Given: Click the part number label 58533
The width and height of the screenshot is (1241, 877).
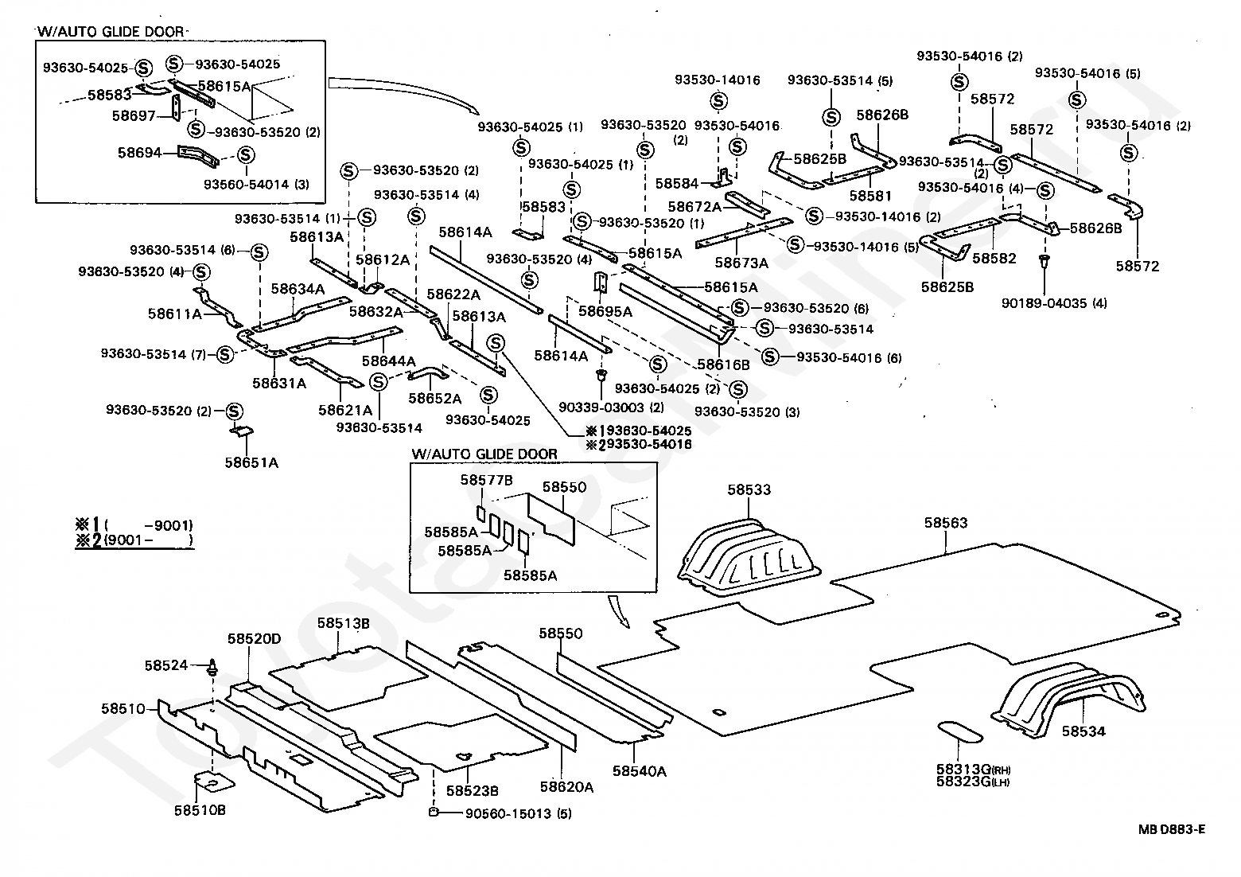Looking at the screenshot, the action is [749, 489].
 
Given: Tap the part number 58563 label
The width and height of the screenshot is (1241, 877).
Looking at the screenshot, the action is [946, 523].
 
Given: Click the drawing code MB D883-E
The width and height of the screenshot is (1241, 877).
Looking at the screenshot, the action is [1171, 829].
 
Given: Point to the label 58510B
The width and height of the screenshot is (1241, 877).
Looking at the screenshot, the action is [200, 810].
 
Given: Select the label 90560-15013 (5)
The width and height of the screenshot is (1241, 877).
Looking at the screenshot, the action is [518, 814].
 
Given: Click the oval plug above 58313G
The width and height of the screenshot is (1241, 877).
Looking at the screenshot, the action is [959, 731].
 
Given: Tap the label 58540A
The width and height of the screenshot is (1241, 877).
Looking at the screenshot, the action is [640, 771].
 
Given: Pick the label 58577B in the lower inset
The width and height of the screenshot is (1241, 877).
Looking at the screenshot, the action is [486, 480].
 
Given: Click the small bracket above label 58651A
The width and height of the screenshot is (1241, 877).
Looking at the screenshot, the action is [242, 431].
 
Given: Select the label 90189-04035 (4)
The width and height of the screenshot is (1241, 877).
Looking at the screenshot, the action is [1054, 303].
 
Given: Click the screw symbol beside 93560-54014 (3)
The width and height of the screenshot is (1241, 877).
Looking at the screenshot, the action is [246, 155].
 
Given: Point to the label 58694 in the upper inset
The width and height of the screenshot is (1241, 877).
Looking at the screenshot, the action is [139, 153].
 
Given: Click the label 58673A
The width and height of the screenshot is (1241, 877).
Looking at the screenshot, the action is [741, 263].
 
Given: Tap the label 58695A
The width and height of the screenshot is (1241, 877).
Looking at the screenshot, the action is [605, 311].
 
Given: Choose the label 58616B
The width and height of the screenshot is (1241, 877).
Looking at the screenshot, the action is [724, 364].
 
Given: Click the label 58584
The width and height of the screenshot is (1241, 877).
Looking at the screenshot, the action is [677, 183].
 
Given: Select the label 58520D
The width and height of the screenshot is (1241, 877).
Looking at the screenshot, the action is [255, 638].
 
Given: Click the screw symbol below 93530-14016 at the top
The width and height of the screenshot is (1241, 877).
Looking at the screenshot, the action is [718, 101].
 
